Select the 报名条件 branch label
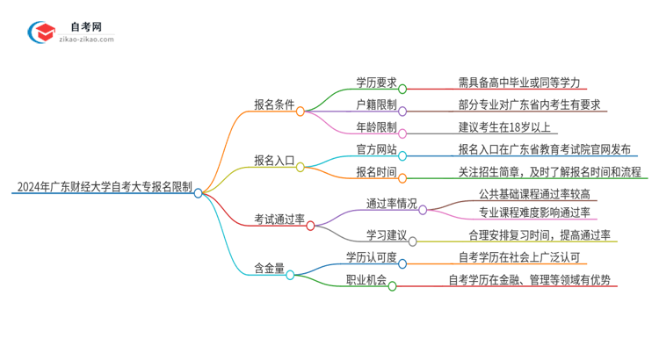click(x=274, y=110)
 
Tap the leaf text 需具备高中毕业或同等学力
click(x=519, y=83)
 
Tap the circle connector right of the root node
click(x=199, y=192)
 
